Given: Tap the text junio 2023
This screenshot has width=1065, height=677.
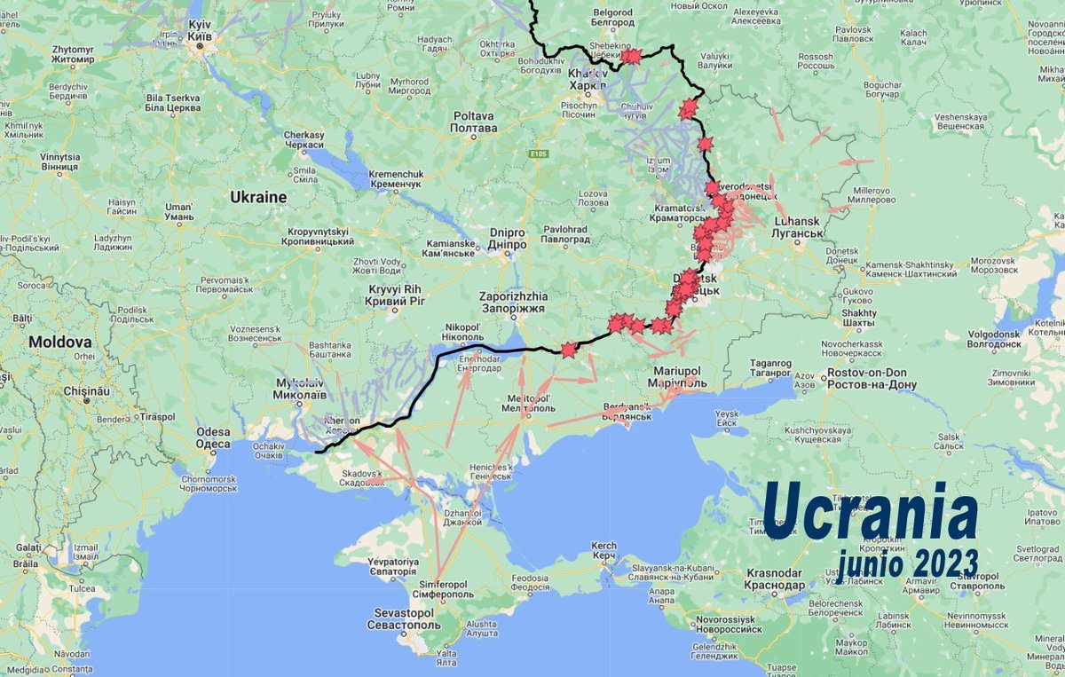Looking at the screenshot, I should (x=908, y=561).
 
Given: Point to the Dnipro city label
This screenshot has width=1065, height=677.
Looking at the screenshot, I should (x=508, y=239).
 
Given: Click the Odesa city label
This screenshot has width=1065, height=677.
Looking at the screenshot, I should (x=213, y=437).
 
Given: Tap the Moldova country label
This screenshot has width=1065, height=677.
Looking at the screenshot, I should (x=59, y=342).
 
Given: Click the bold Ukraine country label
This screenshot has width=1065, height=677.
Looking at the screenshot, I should (x=258, y=196).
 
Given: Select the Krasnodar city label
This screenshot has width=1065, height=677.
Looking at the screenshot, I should (x=774, y=579).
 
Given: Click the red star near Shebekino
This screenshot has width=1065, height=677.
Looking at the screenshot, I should (x=631, y=57).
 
